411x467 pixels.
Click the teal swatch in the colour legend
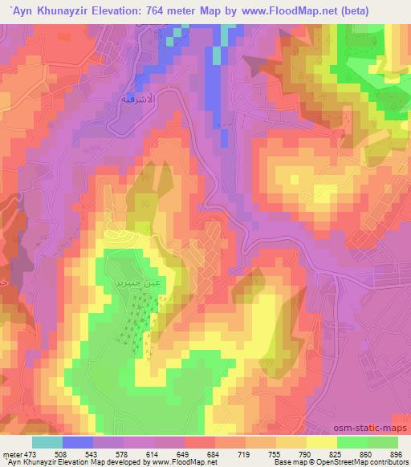pyautogui.click(x=47, y=442)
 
